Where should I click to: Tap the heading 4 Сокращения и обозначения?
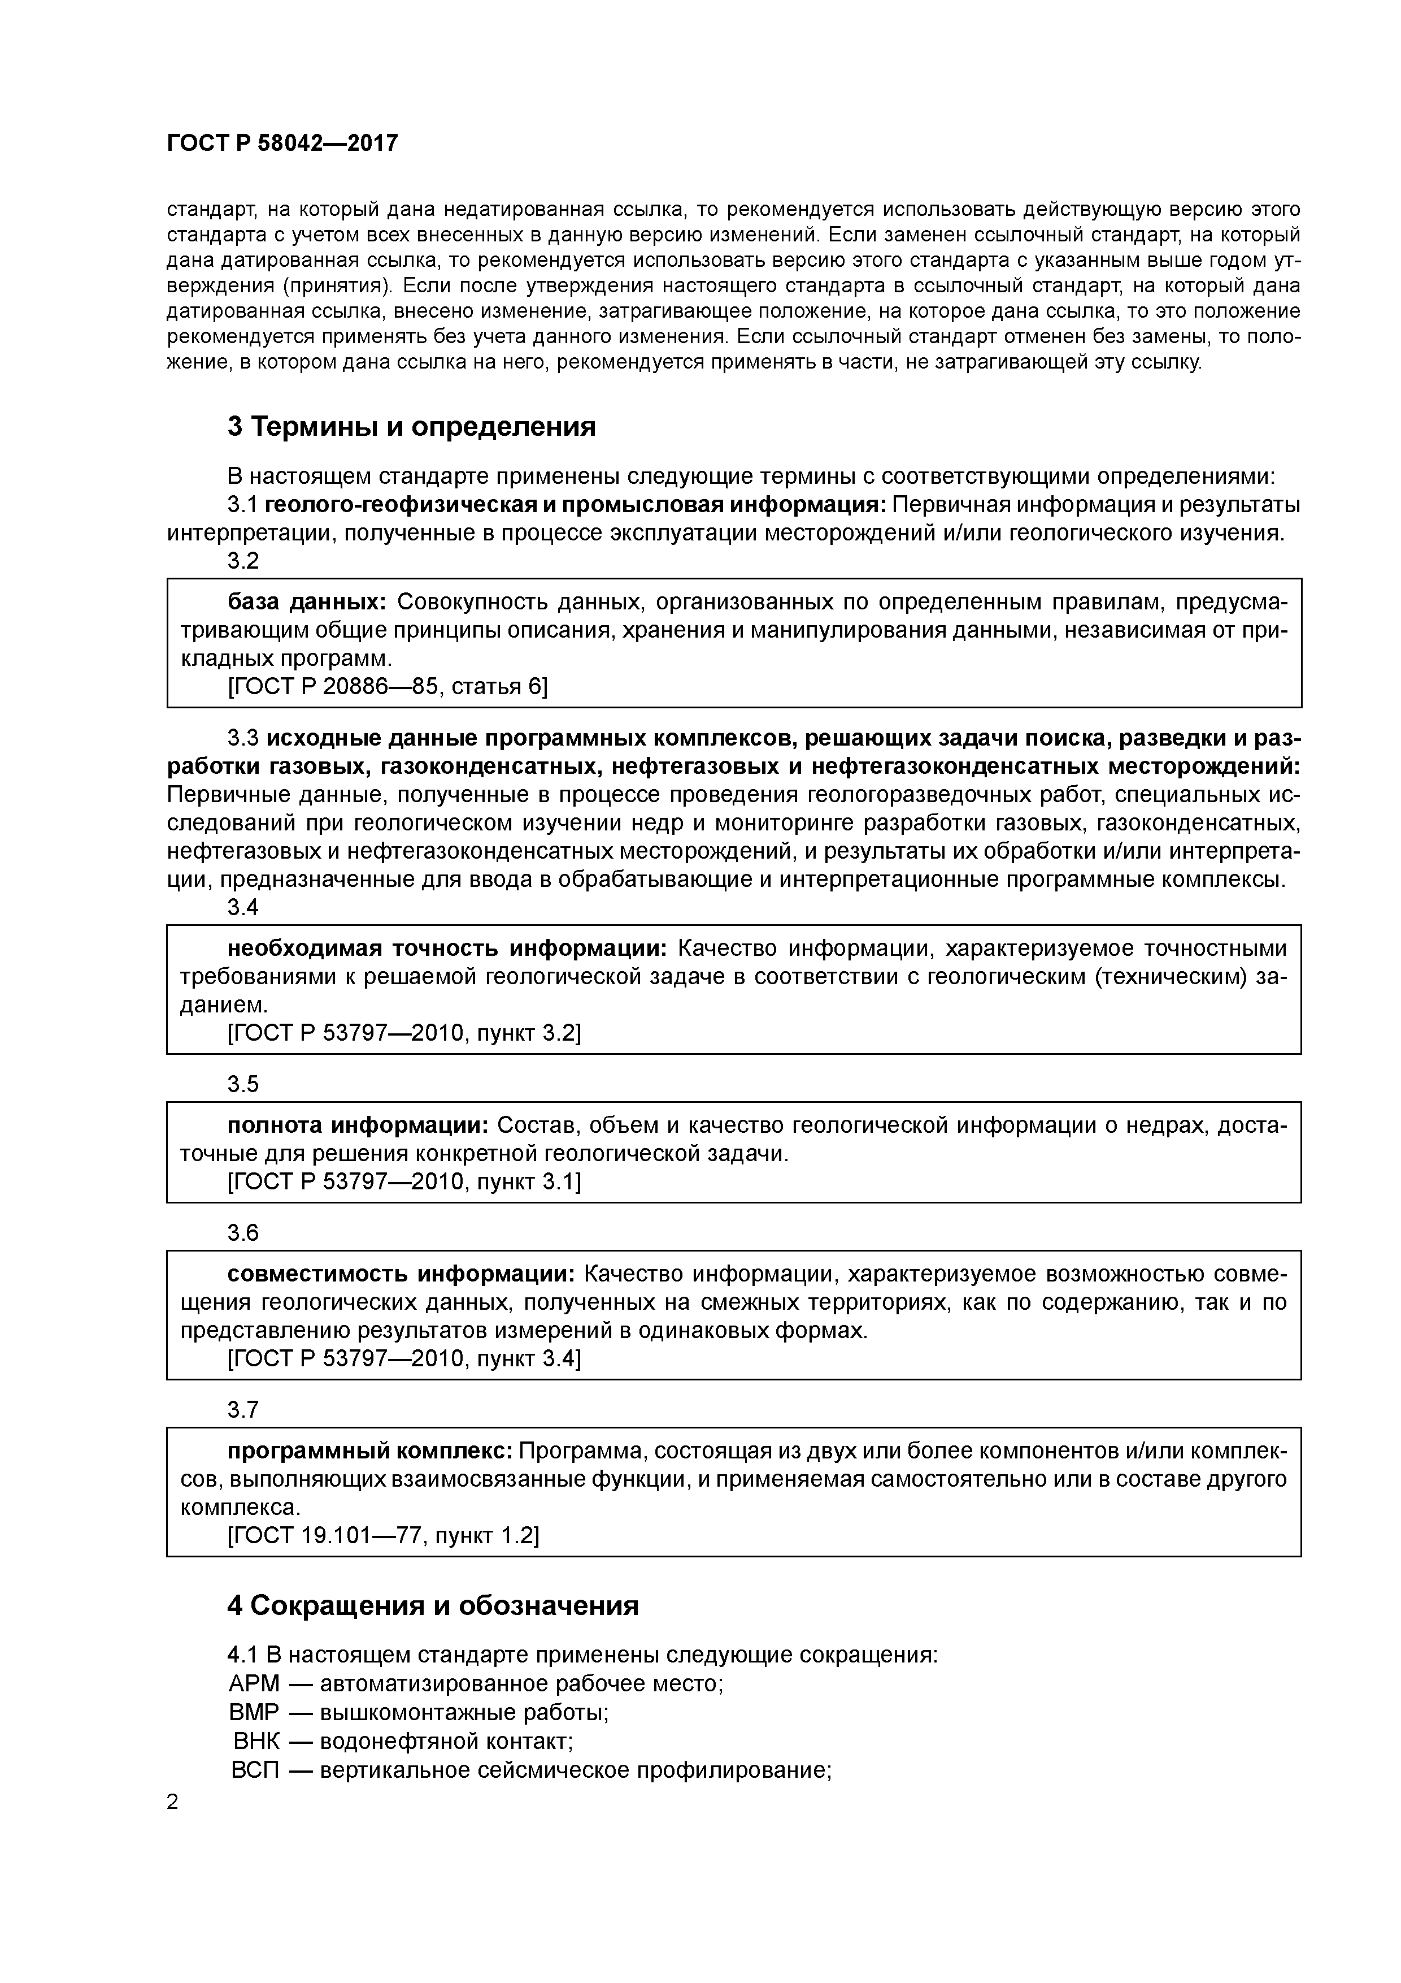pyautogui.click(x=433, y=1605)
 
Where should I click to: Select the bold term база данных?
pyautogui.click(x=306, y=602)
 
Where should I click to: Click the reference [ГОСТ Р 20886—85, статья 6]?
pyautogui.click(x=387, y=686)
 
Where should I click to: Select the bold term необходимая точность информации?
pyautogui.click(x=447, y=949)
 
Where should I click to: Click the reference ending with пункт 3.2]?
pyautogui.click(x=404, y=1033)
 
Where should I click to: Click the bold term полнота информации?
pyautogui.click(x=358, y=1125)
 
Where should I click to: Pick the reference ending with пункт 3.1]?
pyautogui.click(x=404, y=1181)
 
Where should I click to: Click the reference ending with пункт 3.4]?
pyautogui.click(x=404, y=1358)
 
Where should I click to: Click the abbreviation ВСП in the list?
pyautogui.click(x=255, y=1769)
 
